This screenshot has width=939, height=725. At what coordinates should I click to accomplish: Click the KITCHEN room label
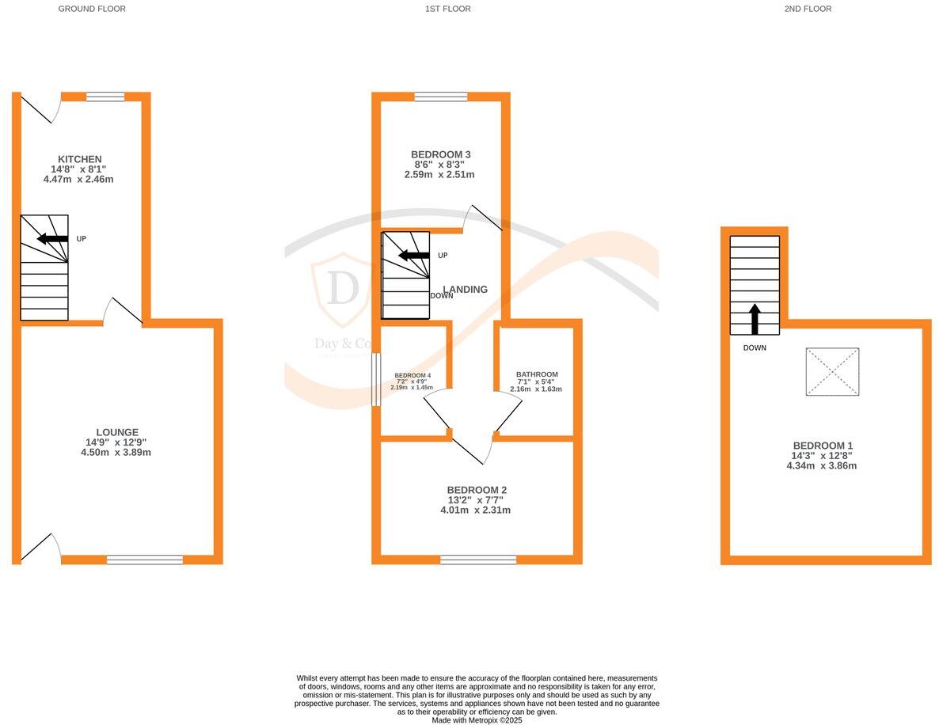click(80, 159)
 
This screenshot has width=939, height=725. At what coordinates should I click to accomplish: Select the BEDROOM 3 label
click(441, 154)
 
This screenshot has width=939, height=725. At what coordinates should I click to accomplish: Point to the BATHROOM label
click(537, 374)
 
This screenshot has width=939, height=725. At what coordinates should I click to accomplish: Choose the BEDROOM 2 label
click(477, 490)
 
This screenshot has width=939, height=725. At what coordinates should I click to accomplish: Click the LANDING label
click(466, 290)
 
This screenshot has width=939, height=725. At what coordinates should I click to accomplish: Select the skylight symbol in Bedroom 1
click(832, 371)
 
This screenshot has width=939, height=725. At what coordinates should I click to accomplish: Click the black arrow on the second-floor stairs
click(754, 317)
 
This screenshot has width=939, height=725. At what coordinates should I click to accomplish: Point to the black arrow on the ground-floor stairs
click(52, 238)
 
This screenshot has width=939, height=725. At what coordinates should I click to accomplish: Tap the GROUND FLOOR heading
click(92, 9)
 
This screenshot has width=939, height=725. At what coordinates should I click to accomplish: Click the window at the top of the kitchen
click(105, 97)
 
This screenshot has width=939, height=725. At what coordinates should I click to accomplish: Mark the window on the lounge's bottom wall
click(145, 560)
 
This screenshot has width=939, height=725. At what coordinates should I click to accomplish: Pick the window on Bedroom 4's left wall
click(376, 379)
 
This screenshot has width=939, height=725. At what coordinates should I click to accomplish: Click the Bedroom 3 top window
click(441, 97)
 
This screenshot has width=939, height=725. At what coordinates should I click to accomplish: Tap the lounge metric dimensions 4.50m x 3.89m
click(116, 453)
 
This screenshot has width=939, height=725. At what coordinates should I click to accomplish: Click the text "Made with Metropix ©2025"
click(477, 720)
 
